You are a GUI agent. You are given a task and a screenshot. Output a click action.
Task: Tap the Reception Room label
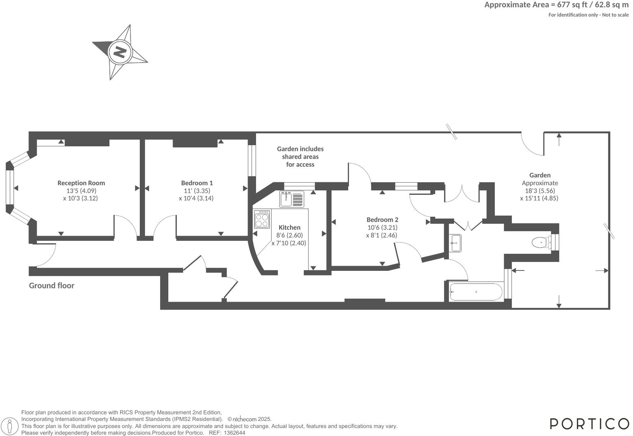(81, 183)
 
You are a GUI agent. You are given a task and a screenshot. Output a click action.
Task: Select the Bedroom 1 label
(197, 183)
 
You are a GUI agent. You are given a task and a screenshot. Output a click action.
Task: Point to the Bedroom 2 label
(382, 220)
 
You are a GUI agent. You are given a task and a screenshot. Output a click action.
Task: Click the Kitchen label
(289, 227)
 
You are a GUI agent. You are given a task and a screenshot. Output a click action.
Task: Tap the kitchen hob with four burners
(262, 219)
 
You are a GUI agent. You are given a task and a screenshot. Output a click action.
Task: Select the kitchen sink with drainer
(291, 199)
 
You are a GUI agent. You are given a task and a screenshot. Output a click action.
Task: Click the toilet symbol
(540, 243)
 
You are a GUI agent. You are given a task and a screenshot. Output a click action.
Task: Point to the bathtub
(476, 292)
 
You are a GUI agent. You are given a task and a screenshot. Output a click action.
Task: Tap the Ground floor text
(52, 286)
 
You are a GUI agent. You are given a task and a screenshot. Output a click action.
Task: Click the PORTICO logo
(589, 423)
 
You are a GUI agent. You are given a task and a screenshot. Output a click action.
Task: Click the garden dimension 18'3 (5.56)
(540, 191)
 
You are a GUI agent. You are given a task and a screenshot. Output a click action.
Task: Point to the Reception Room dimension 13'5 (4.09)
(81, 191)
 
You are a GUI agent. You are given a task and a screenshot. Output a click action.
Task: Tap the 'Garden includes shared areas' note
(300, 157)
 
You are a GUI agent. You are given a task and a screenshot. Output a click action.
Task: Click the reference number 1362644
(234, 433)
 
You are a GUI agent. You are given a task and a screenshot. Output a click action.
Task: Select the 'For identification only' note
(588, 15)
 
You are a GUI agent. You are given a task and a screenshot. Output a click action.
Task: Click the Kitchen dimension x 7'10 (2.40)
(289, 243)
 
